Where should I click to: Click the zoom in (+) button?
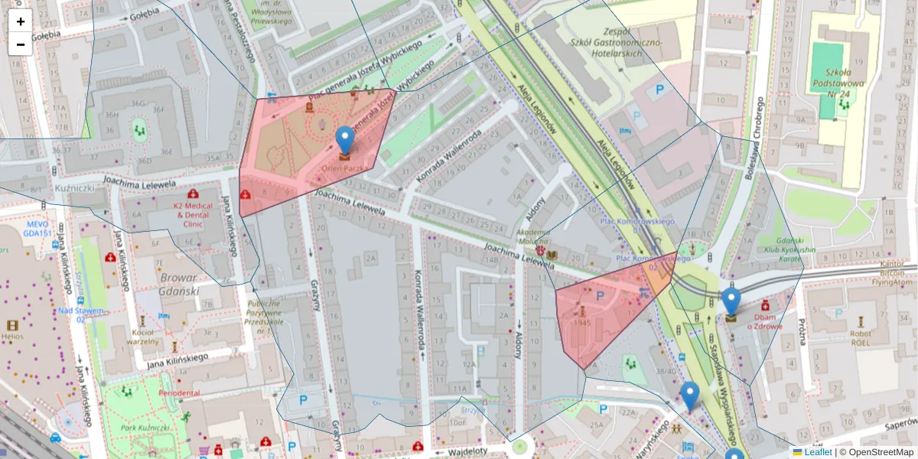21,21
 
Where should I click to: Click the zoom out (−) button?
21,44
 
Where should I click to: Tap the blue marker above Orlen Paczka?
345,140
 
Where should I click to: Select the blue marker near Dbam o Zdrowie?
731,302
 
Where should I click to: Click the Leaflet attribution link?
818,452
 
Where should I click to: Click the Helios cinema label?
11,335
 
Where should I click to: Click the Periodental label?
179,392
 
